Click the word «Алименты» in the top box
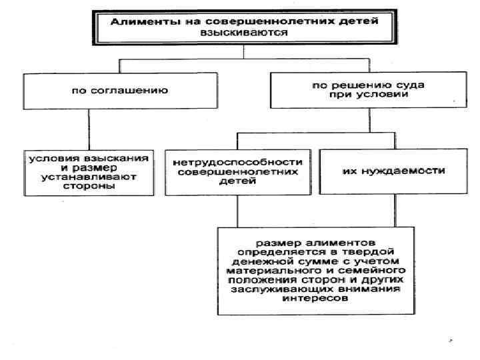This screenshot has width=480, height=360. click(139, 21)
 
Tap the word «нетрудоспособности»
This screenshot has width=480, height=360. click(237, 161)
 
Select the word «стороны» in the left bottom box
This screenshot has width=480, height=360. click(87, 187)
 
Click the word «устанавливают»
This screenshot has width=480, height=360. click(87, 178)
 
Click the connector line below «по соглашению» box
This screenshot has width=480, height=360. click(89, 127)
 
